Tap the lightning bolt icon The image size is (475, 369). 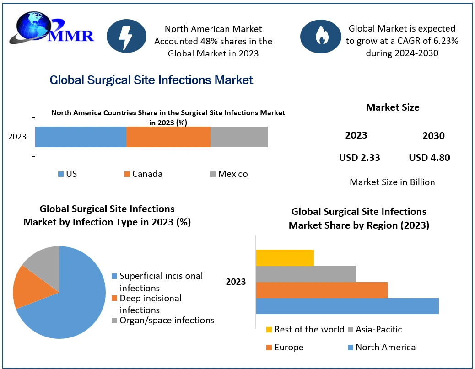click(124, 37)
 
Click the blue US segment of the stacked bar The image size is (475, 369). click(81, 137)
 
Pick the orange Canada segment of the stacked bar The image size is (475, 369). click(168, 137)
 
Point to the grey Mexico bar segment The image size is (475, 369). click(239, 137)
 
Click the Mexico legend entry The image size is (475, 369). click(229, 174)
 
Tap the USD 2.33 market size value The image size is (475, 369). click(359, 158)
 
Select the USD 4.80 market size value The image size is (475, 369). click(429, 158)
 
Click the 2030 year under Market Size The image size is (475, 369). click(433, 136)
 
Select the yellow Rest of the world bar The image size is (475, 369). click(285, 258)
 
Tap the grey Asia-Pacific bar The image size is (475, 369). click(306, 274)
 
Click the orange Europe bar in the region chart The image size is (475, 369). click(322, 290)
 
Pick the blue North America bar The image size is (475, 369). click(347, 306)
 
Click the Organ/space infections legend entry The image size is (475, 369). click(162, 321)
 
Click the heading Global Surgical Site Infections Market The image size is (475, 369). click(151, 80)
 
